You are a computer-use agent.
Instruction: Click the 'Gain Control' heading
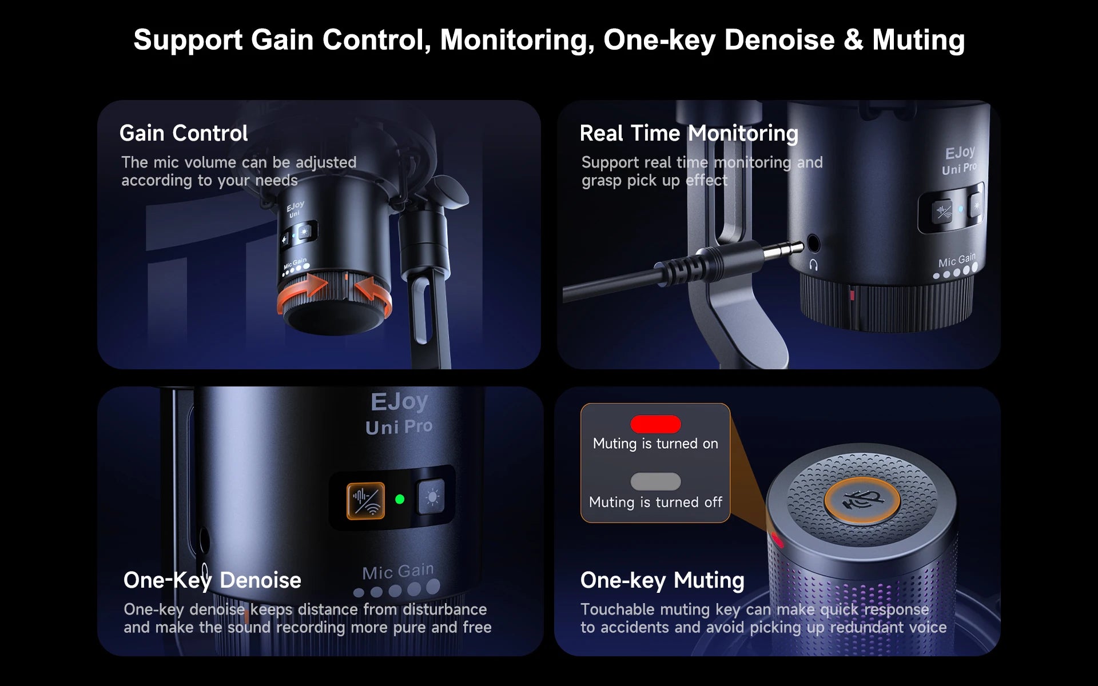(184, 133)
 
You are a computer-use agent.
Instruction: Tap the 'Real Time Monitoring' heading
(689, 134)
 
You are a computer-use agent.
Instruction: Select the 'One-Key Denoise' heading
(212, 580)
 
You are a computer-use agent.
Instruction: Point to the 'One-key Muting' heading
(662, 580)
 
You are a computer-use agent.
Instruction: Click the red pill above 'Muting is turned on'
(655, 424)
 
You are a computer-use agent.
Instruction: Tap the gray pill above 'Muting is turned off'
(655, 481)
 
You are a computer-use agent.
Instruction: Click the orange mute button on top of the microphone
(862, 500)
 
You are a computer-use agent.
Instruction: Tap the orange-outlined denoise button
(365, 501)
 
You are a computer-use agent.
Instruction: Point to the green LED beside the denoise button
(400, 499)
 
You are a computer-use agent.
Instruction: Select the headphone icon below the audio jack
(813, 265)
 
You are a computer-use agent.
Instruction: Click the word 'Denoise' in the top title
(779, 40)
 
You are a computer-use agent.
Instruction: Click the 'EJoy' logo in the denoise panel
(399, 402)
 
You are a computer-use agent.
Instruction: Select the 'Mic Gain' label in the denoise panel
(398, 571)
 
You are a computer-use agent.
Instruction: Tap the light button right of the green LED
(432, 497)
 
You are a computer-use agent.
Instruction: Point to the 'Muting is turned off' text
(655, 502)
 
